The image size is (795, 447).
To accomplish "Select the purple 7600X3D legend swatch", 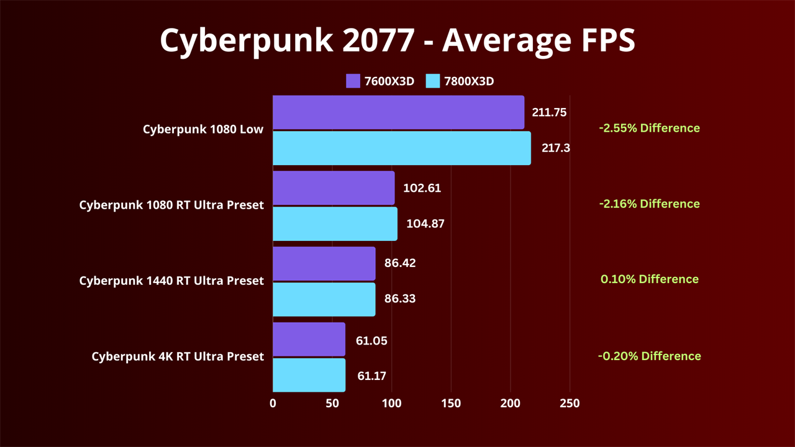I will [x=353, y=81].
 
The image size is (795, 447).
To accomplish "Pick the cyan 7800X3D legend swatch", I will [x=433, y=81].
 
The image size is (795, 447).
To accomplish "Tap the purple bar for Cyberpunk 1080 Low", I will [x=398, y=112].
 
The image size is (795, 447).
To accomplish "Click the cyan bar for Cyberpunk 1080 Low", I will [x=401, y=148].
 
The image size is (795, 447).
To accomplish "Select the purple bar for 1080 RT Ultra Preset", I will [x=334, y=188].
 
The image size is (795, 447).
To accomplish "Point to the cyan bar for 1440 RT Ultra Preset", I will [x=324, y=299].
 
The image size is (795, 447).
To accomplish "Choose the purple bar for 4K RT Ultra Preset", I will [x=309, y=339].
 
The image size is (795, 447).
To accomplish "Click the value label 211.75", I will [x=549, y=112].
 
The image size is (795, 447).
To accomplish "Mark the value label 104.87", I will [x=425, y=224].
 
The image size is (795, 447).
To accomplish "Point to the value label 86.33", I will [x=400, y=299].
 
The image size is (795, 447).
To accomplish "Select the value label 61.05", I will [x=371, y=340].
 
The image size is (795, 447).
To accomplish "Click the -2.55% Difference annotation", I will [x=649, y=129].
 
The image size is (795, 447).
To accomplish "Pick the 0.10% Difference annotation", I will [x=649, y=279].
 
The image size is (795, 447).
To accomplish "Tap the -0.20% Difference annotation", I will [x=649, y=356].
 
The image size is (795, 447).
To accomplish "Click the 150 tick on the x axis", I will [x=451, y=404].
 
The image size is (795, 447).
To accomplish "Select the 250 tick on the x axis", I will [x=570, y=404].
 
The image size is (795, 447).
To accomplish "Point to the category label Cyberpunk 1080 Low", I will [x=203, y=130].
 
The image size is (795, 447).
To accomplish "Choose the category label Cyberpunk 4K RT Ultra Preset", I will [x=178, y=356].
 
